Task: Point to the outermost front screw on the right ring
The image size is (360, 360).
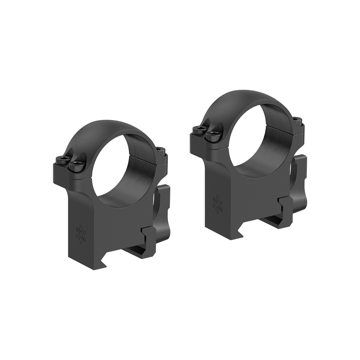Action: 198,130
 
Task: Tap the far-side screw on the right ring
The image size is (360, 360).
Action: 296,119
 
